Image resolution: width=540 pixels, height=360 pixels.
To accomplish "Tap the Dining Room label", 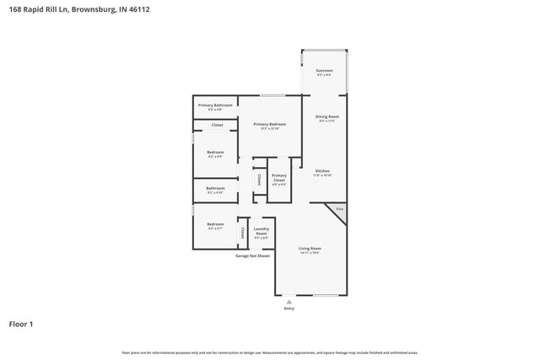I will (x=327, y=119).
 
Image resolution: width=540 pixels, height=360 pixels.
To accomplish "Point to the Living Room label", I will (x=310, y=250).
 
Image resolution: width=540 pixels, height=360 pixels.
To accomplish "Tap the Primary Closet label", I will (x=278, y=178).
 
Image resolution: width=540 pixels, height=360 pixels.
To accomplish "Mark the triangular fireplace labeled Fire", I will (x=339, y=208).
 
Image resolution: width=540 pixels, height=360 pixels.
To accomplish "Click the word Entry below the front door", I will (x=289, y=309).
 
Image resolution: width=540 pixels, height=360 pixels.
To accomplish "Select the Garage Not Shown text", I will (x=252, y=255).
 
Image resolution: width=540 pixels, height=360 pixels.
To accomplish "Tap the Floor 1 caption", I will (x=22, y=324).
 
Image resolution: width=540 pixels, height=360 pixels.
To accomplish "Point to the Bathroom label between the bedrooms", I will (x=215, y=190).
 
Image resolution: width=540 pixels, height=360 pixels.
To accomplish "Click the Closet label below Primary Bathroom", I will (x=217, y=125).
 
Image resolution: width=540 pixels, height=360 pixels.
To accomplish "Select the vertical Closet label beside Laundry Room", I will (x=243, y=232).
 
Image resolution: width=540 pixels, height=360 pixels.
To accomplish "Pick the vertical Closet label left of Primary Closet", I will (x=258, y=179).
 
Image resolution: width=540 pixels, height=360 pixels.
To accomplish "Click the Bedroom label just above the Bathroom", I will (x=215, y=154).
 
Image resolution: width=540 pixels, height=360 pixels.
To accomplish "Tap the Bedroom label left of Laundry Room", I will (x=215, y=226).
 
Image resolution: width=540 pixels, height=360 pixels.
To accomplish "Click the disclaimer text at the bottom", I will (x=270, y=352).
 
